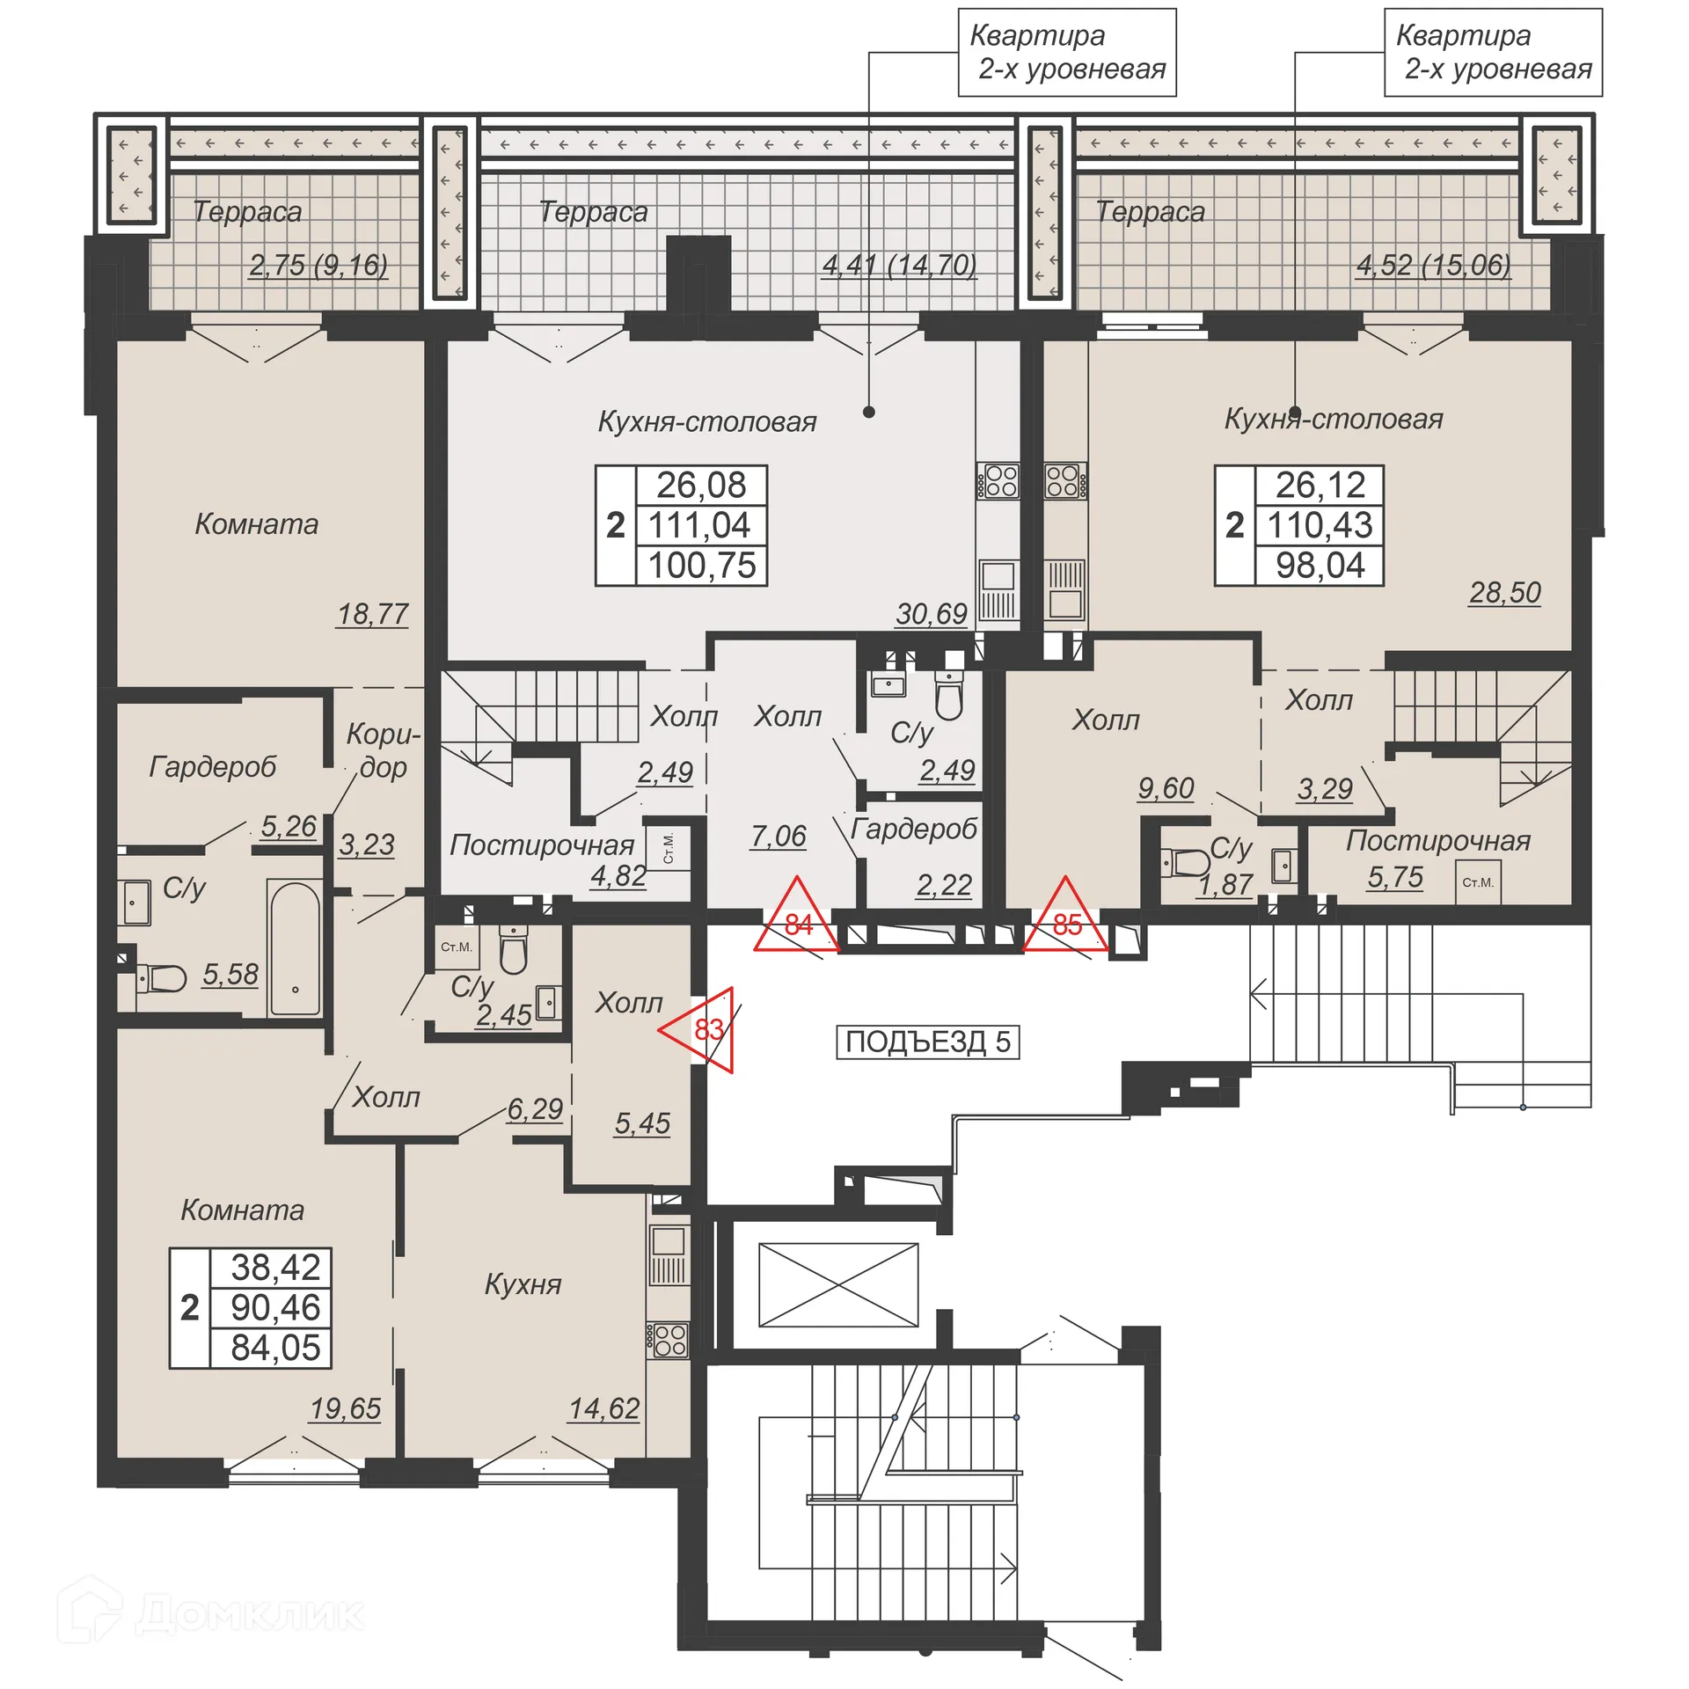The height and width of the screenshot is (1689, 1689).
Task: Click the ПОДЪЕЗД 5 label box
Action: pyautogui.click(x=927, y=1042)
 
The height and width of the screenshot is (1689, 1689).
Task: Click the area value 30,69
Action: pyautogui.click(x=931, y=613)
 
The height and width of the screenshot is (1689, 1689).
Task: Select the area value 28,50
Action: pyautogui.click(x=1504, y=592)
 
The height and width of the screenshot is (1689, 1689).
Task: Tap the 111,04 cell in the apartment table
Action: pyautogui.click(x=700, y=525)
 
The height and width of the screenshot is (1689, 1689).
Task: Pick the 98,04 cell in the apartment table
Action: pyautogui.click(x=1320, y=566)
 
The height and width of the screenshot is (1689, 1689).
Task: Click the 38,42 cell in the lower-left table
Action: pyautogui.click(x=274, y=1268)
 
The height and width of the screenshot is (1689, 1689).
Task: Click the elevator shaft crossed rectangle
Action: pyautogui.click(x=837, y=1285)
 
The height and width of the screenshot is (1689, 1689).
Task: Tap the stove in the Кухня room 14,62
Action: pyautogui.click(x=669, y=1339)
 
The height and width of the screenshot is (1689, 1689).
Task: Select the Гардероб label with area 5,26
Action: pyautogui.click(x=213, y=766)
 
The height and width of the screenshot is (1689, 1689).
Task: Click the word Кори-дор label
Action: pyautogui.click(x=383, y=750)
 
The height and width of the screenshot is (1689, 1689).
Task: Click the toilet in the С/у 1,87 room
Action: pyautogui.click(x=1185, y=861)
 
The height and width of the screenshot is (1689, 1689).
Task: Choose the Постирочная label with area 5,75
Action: pyautogui.click(x=1437, y=840)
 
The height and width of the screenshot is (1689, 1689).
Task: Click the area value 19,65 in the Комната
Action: pyautogui.click(x=345, y=1408)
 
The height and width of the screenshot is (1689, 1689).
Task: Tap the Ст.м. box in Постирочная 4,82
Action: pyautogui.click(x=668, y=847)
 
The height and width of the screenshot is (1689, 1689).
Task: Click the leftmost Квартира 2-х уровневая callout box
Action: pyautogui.click(x=1066, y=52)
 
